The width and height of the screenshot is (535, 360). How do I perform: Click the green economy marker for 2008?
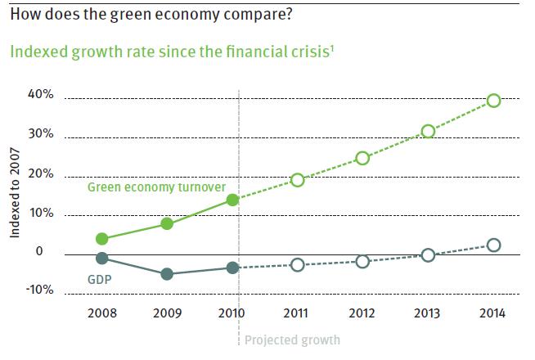pos(101,239)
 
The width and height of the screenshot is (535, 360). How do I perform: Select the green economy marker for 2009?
pos(167,223)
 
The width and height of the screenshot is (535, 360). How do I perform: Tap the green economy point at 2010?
pos(232,200)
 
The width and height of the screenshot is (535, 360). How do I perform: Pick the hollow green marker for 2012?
pos(362,158)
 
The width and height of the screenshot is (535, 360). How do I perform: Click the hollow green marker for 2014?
pos(493,101)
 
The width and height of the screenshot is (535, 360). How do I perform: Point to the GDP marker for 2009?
pos(167,274)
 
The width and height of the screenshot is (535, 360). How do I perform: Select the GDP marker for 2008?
pos(101,259)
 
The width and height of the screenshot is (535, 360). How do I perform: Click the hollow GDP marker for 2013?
pos(428,255)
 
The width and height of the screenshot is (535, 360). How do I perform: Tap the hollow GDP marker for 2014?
pos(493,245)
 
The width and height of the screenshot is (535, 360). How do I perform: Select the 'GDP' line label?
pos(99,279)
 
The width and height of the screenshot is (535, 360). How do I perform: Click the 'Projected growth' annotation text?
pos(292,340)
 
